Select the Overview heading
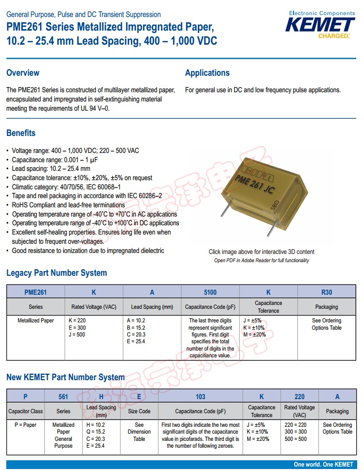point(23,73)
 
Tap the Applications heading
point(207,73)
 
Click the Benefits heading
point(21,133)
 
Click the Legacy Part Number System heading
point(56,273)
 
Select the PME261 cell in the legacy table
point(35,292)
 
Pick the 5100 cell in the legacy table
point(210,292)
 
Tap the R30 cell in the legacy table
point(327,292)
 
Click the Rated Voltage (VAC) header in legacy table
point(94,307)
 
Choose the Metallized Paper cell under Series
point(35,321)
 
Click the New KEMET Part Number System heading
point(66,377)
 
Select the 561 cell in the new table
point(63,397)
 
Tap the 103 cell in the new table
point(200,397)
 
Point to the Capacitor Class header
point(25,411)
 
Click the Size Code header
point(139,411)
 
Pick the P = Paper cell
point(25,425)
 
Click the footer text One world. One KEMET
point(323,465)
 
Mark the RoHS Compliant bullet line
point(68,205)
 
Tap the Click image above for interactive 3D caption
point(261,252)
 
